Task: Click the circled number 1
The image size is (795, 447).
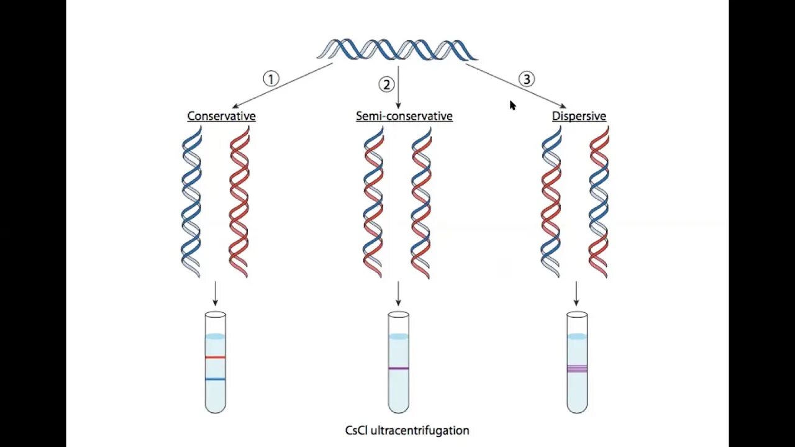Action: [x=271, y=79]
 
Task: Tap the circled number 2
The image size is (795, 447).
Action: [x=387, y=84]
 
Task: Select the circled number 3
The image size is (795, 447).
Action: [x=527, y=79]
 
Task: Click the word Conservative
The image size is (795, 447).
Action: [x=221, y=116]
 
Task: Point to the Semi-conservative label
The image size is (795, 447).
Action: [x=404, y=116]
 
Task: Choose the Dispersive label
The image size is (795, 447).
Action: [x=579, y=116]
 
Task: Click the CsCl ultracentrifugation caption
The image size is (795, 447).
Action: [x=407, y=430]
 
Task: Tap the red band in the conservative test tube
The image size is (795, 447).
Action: [x=215, y=358]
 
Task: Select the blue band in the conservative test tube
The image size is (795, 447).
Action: [x=215, y=379]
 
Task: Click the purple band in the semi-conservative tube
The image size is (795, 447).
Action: [x=398, y=368]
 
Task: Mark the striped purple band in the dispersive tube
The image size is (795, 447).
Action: [x=577, y=369]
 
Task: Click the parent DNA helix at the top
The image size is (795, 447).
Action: [x=397, y=50]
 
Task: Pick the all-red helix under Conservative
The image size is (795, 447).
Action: [x=239, y=202]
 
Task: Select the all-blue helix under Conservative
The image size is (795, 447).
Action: [x=191, y=202]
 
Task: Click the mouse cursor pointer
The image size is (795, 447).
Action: [x=512, y=106]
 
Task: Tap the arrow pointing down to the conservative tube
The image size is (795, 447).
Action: [x=215, y=294]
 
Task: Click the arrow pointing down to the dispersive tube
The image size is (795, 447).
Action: [x=576, y=294]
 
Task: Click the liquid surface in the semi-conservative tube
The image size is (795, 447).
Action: [x=398, y=336]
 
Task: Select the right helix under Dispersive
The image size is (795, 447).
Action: [x=599, y=202]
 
